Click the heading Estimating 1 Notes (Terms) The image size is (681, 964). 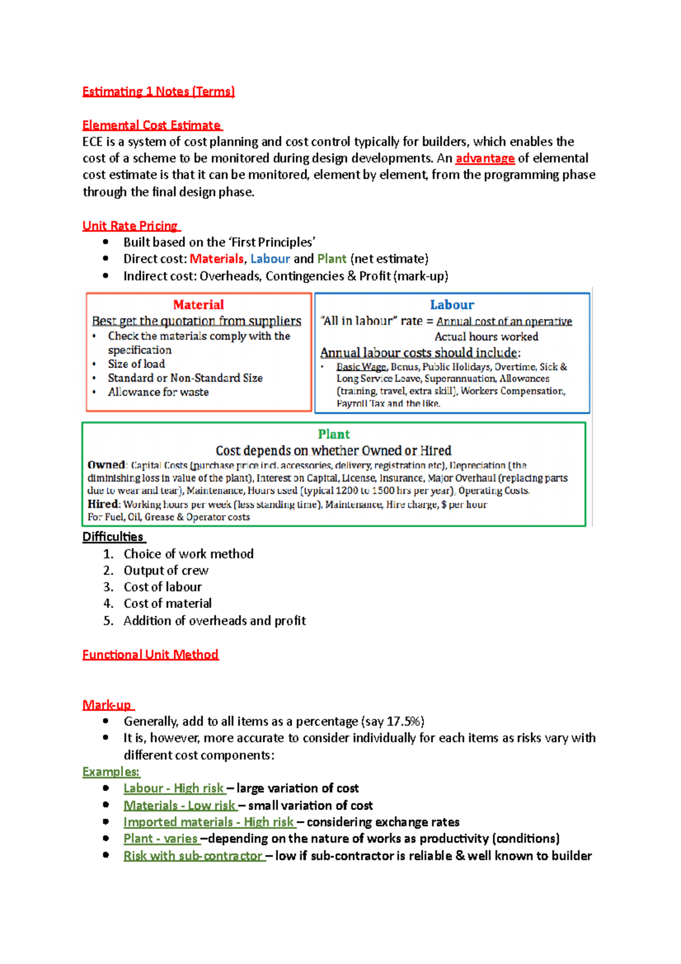(158, 91)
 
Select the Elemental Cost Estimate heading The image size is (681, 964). (152, 125)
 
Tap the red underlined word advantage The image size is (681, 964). (485, 158)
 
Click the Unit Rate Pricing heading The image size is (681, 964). (131, 226)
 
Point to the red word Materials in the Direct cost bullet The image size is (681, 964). (216, 259)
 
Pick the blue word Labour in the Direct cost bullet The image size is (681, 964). (270, 259)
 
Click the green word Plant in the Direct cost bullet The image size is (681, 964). (331, 259)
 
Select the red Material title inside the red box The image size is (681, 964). (198, 305)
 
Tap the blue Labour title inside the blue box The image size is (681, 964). (452, 305)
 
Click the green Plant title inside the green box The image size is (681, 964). (334, 434)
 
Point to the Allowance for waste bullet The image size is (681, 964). (158, 392)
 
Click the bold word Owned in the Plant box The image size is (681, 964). (106, 465)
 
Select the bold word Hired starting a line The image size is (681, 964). (103, 504)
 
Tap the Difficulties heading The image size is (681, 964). (113, 537)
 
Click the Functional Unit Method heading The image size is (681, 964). (150, 655)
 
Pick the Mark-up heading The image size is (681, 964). (107, 705)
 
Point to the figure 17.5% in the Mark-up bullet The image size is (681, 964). (403, 722)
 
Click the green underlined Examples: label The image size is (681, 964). (111, 772)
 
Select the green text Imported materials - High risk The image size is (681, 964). (208, 822)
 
